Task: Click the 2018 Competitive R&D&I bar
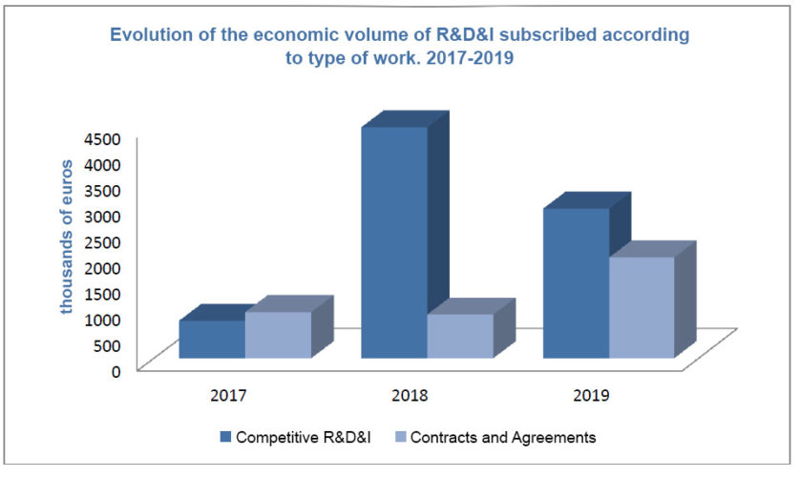coord(393,242)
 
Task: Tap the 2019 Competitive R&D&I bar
coord(576,283)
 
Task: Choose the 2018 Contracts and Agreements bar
coord(459,336)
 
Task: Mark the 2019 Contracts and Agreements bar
coord(642,307)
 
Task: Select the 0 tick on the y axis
coord(115,370)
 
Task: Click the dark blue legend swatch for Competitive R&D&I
coord(226,437)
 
